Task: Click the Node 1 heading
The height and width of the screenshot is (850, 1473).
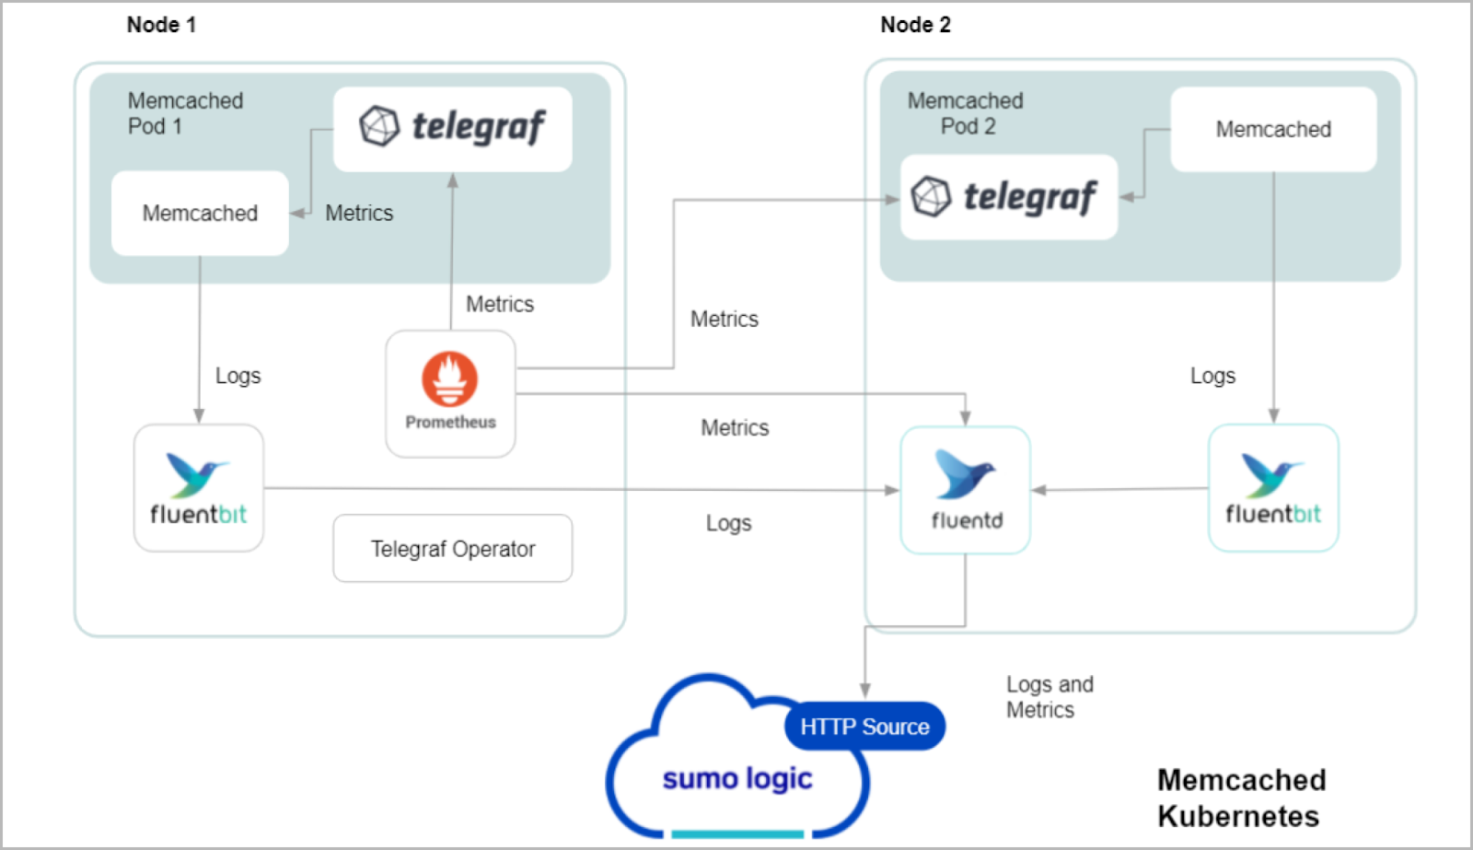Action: coord(161,25)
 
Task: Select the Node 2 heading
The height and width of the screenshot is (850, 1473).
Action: coord(915,25)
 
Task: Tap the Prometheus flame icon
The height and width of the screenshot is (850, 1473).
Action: coord(450,378)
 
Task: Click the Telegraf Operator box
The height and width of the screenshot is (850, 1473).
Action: coord(452,549)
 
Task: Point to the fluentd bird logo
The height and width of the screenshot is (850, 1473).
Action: coord(963,474)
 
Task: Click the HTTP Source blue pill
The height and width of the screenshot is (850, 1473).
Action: coord(864,727)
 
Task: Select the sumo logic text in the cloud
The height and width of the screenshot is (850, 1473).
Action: coord(736,779)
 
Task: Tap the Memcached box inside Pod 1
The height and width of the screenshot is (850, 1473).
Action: coord(200,213)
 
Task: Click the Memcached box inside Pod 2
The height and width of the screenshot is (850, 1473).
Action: coord(1273,129)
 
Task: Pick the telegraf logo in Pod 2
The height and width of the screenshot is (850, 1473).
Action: coord(1007,197)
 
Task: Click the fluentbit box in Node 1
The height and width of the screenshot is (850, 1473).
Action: coord(198,488)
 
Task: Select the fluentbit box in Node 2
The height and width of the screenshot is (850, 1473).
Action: coord(1272,488)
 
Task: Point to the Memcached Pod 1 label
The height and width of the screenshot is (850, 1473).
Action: coord(184,113)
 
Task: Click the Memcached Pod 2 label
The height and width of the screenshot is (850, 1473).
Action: coord(965,113)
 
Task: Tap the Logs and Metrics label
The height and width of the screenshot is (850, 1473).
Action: coord(1049,697)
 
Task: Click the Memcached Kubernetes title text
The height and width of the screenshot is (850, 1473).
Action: coord(1240,798)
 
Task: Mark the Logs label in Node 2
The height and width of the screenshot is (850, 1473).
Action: coord(1212,376)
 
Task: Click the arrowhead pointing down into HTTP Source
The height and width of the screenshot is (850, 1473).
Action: coord(864,691)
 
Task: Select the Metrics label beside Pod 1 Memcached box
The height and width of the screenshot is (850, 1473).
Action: coord(359,213)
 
